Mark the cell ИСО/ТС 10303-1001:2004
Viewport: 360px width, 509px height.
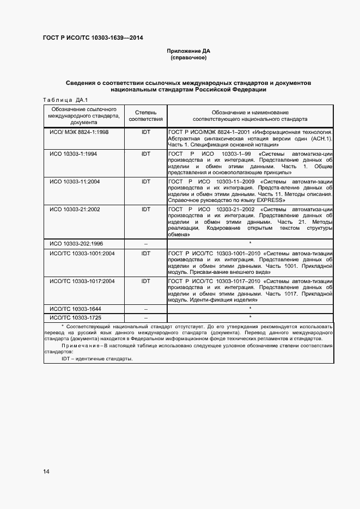82,253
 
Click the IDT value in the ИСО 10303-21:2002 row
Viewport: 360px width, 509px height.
145,209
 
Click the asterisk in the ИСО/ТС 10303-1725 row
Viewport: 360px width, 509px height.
250,317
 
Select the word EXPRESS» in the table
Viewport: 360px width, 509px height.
270,200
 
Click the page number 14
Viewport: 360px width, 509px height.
46,471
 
